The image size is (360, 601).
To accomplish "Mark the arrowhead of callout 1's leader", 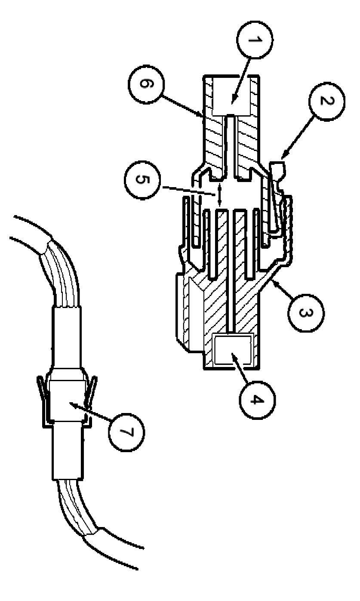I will [x=233, y=103].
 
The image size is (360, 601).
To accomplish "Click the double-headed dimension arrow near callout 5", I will [x=220, y=196].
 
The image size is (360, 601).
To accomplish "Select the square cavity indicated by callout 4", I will [x=233, y=349].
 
